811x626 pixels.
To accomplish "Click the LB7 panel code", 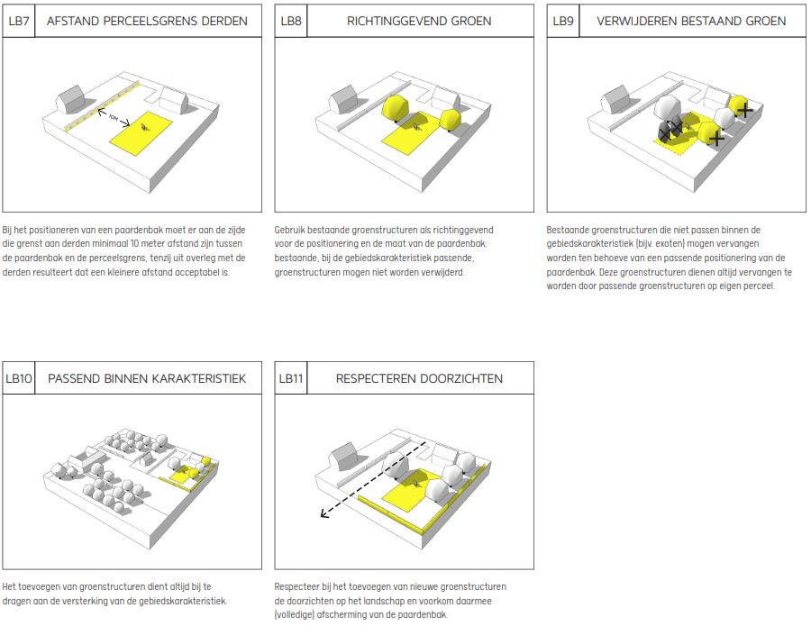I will click(19, 21).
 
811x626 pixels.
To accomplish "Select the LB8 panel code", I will click(290, 21).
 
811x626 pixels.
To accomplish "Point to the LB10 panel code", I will click(19, 379).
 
